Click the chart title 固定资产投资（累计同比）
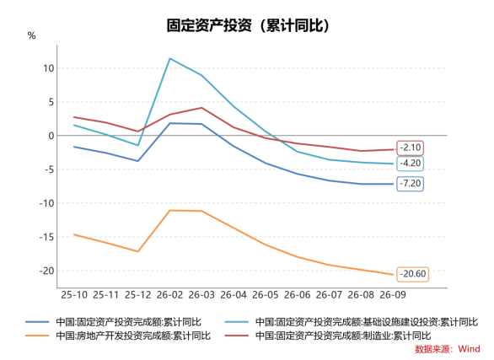pyautogui.click(x=248, y=25)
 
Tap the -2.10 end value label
pyautogui.click(x=411, y=148)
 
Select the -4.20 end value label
pyautogui.click(x=411, y=164)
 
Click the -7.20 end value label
pyautogui.click(x=411, y=183)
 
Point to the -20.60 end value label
pyautogui.click(x=413, y=274)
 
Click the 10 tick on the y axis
pyautogui.click(x=49, y=68)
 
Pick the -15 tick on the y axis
pyautogui.click(x=46, y=237)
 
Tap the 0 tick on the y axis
pyautogui.click(x=51, y=136)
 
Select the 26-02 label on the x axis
pyautogui.click(x=169, y=295)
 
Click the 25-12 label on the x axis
pyautogui.click(x=138, y=295)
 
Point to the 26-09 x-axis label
pyautogui.click(x=393, y=295)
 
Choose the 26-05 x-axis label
pyautogui.click(x=266, y=295)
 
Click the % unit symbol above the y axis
pyautogui.click(x=31, y=35)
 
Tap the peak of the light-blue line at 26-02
pyautogui.click(x=169, y=58)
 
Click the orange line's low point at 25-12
pyautogui.click(x=138, y=251)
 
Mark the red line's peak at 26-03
pyautogui.click(x=201, y=108)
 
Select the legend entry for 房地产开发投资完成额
pyautogui.click(x=118, y=336)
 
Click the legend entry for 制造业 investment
pyautogui.click(x=328, y=336)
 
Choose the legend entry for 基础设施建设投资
pyautogui.click(x=352, y=322)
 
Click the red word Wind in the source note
pyautogui.click(x=469, y=349)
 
